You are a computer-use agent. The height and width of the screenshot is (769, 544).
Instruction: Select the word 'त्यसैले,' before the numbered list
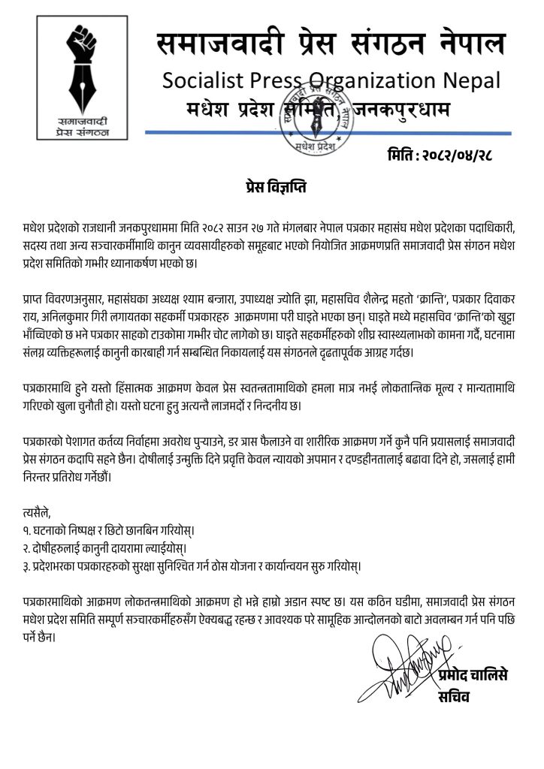(38, 513)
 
